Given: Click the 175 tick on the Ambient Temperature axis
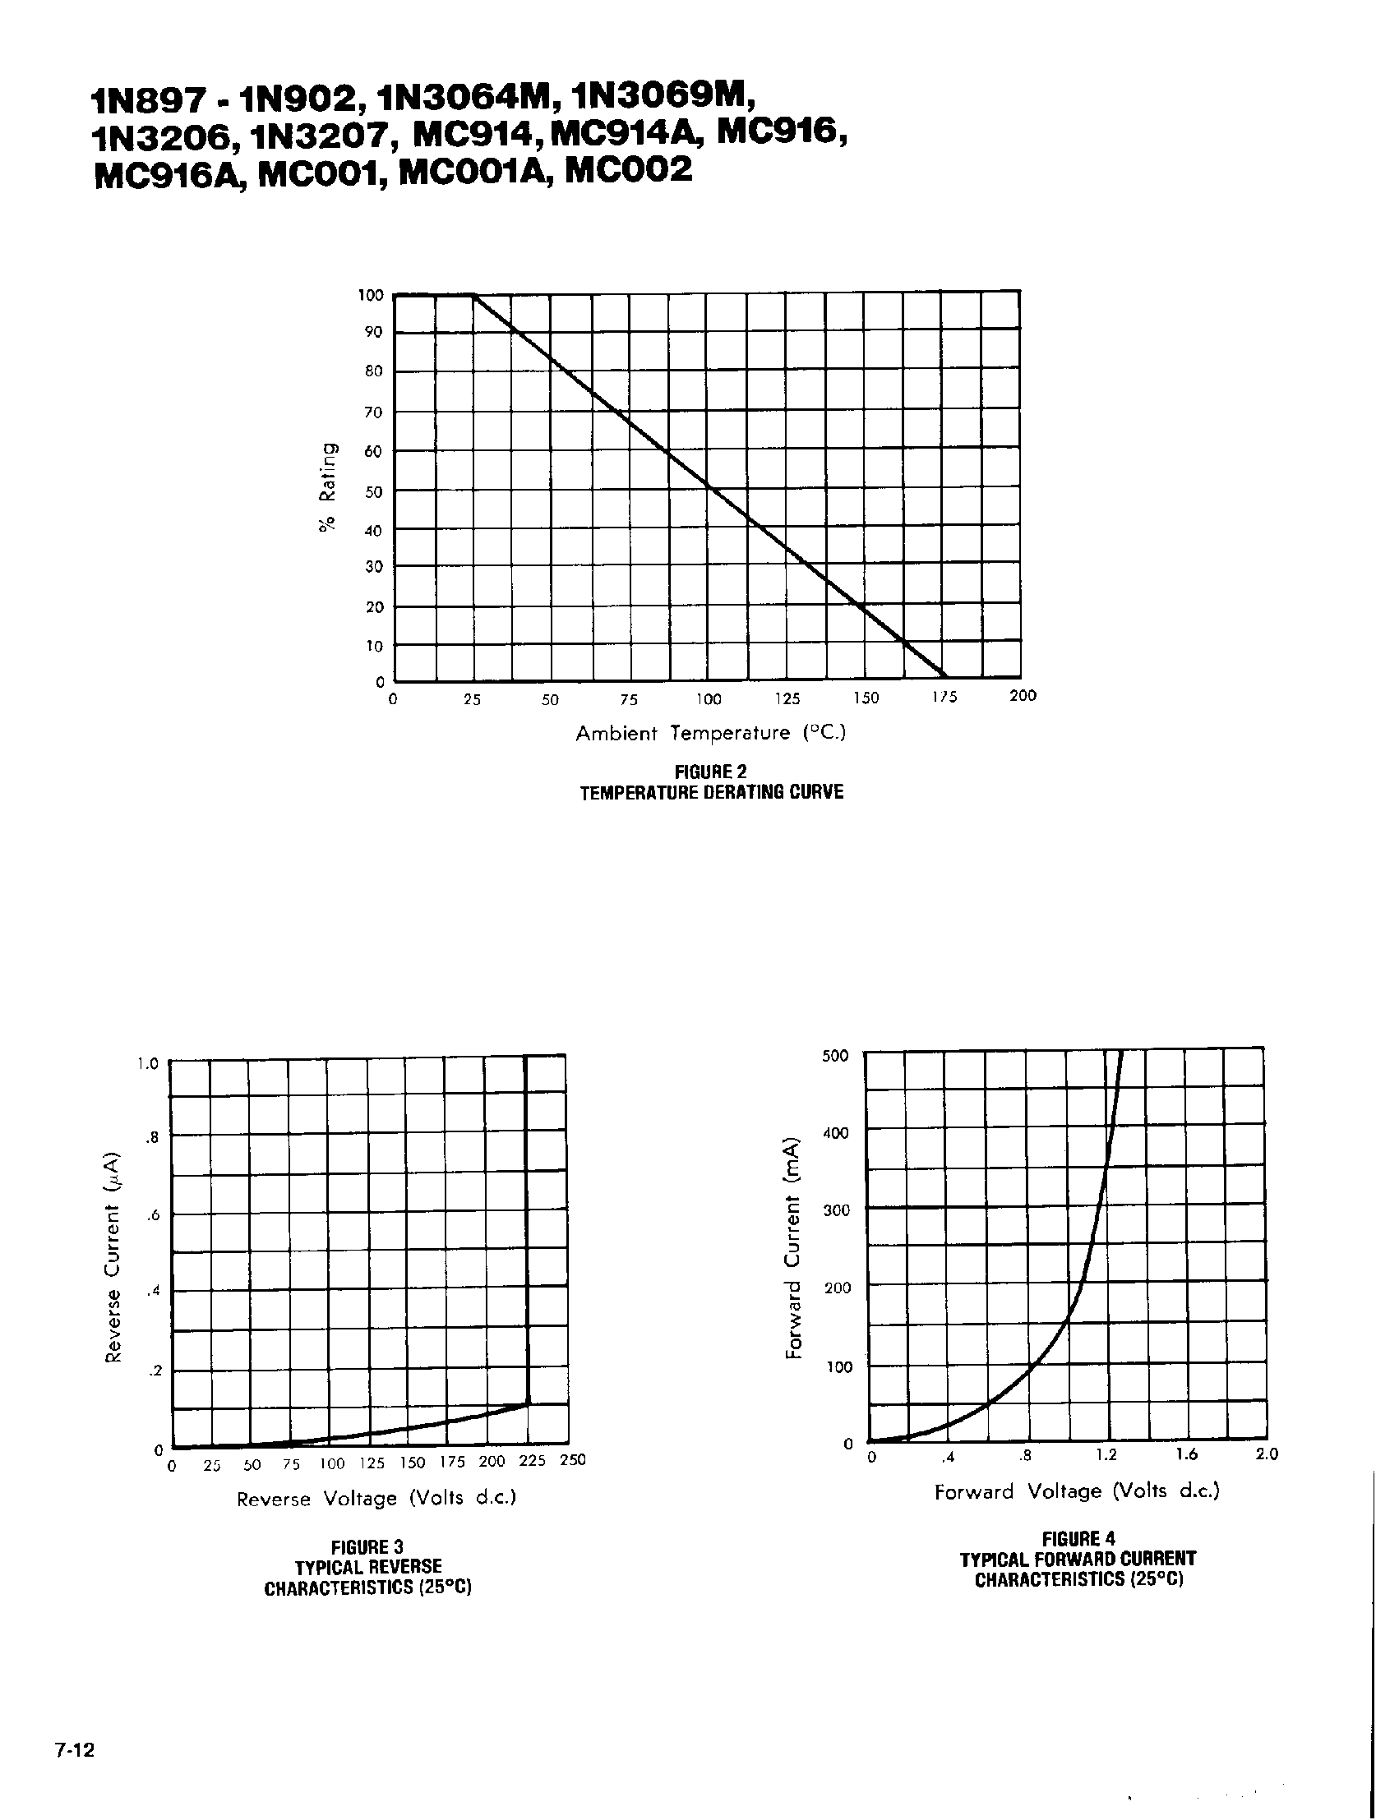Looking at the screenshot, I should [944, 698].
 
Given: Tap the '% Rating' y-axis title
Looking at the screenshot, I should [328, 488].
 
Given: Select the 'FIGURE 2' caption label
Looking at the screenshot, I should [711, 772].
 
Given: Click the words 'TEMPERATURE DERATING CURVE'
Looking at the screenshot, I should [711, 792].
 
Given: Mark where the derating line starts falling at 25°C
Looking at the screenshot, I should [474, 294].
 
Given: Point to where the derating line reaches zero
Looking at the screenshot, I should [944, 679].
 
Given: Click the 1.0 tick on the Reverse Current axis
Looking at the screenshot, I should [148, 1064].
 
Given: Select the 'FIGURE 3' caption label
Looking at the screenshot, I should [367, 1547].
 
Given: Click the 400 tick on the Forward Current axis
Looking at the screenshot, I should [835, 1133].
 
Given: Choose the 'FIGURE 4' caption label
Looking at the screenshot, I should [1078, 1539].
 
